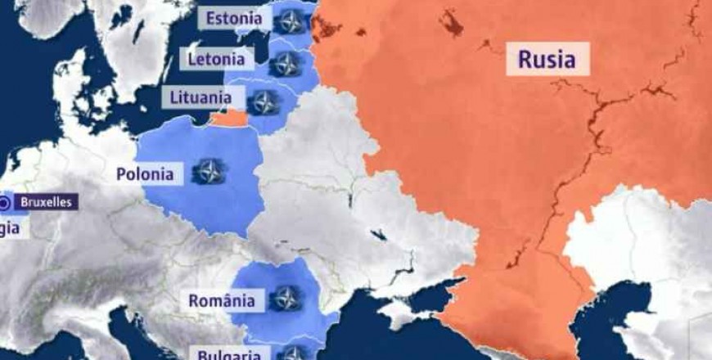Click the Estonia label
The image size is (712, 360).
[x=234, y=19]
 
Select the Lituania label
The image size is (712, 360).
[x=201, y=97]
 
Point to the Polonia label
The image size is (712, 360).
[x=145, y=173]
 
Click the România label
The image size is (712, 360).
[x=221, y=300]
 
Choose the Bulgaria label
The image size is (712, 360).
[x=229, y=354]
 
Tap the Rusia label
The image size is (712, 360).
[x=547, y=60]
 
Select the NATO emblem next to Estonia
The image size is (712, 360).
[x=289, y=21]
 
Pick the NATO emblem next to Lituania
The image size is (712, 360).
[x=264, y=102]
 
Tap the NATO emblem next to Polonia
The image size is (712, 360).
[x=210, y=172]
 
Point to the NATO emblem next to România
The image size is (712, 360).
[x=285, y=298]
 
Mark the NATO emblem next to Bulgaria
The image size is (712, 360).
[x=292, y=353]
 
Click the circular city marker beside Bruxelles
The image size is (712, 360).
[x=6, y=201]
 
